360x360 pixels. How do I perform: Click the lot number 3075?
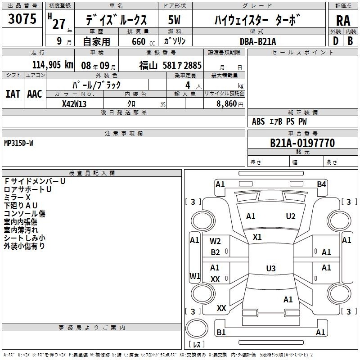22,18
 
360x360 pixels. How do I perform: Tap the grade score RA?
343,21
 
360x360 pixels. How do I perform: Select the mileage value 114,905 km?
53,65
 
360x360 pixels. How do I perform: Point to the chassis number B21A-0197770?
302,143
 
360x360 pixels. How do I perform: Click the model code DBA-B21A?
257,41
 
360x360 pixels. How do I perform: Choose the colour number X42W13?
74,104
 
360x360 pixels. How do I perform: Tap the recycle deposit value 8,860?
226,104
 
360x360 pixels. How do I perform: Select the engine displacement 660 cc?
143,42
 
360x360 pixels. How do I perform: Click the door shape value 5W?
174,20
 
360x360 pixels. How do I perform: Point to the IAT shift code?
13,94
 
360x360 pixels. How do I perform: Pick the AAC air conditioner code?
35,94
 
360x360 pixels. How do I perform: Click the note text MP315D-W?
18,143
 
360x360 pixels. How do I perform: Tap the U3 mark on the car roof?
271,268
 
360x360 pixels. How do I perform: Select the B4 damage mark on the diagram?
321,184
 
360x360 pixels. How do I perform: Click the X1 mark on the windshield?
257,237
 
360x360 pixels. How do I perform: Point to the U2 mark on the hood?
291,216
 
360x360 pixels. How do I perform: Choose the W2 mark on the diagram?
215,241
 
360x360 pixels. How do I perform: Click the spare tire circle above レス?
197,328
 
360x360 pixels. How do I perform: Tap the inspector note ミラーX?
17,198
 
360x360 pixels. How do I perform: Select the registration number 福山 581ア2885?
171,66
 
